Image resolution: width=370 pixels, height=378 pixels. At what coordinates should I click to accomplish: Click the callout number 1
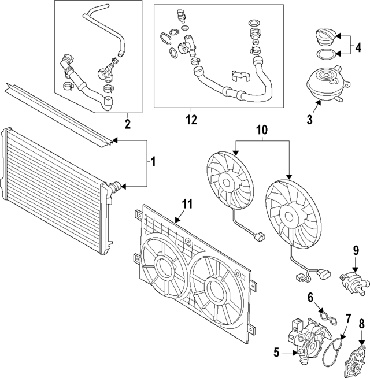point(153,162)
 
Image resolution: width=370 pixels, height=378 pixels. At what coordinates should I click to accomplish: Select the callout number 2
point(127,123)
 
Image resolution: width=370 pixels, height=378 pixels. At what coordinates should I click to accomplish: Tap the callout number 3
point(310,120)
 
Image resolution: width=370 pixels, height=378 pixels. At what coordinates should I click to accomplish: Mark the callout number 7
point(348,318)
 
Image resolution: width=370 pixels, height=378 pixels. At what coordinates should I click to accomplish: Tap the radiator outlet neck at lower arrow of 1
point(114,187)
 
